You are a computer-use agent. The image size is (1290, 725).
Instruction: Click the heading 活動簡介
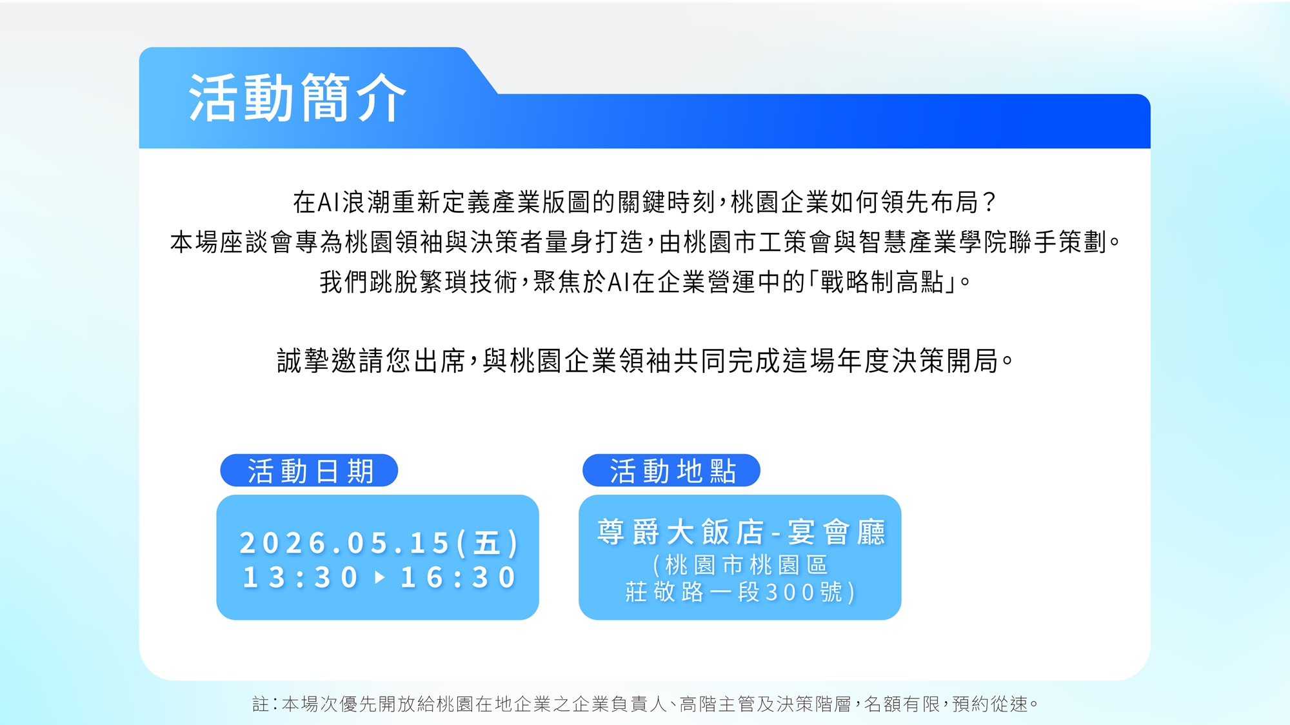[297, 98]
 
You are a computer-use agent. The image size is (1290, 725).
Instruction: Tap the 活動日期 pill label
[309, 471]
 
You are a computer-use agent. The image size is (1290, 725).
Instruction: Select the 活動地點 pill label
[671, 471]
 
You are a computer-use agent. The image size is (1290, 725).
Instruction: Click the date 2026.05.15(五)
[379, 542]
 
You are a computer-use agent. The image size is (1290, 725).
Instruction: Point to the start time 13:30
[300, 577]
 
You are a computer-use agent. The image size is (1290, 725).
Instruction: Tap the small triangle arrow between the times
[380, 577]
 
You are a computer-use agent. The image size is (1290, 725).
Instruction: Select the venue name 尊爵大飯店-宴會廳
[740, 533]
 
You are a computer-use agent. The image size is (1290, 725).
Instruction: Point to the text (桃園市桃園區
[740, 565]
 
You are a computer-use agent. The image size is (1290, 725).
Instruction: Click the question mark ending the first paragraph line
[989, 203]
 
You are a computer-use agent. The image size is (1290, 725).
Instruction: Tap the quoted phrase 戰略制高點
[882, 282]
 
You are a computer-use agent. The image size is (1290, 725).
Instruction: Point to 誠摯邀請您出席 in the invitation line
[371, 361]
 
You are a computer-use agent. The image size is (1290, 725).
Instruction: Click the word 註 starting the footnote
[260, 704]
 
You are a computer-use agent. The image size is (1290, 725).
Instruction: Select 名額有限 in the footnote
[902, 704]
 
